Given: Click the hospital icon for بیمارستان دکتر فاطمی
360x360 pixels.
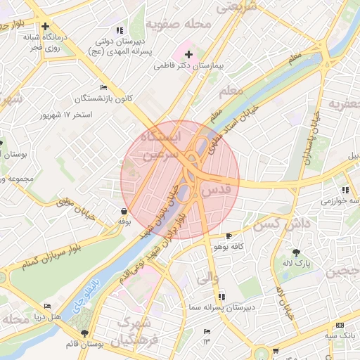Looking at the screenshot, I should (x=188, y=54).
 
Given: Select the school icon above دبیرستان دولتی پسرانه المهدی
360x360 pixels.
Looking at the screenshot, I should (x=120, y=30).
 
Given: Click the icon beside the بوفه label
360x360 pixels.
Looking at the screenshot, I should (x=124, y=210).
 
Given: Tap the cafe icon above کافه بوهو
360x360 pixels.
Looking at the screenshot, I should (x=227, y=236).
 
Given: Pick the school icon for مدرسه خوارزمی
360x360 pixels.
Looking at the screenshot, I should (x=345, y=190).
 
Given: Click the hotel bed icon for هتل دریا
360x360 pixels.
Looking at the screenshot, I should (x=47, y=307).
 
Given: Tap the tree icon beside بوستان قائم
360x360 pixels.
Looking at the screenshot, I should (x=85, y=333).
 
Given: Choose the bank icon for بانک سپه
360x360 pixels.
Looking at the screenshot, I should (x=340, y=326).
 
